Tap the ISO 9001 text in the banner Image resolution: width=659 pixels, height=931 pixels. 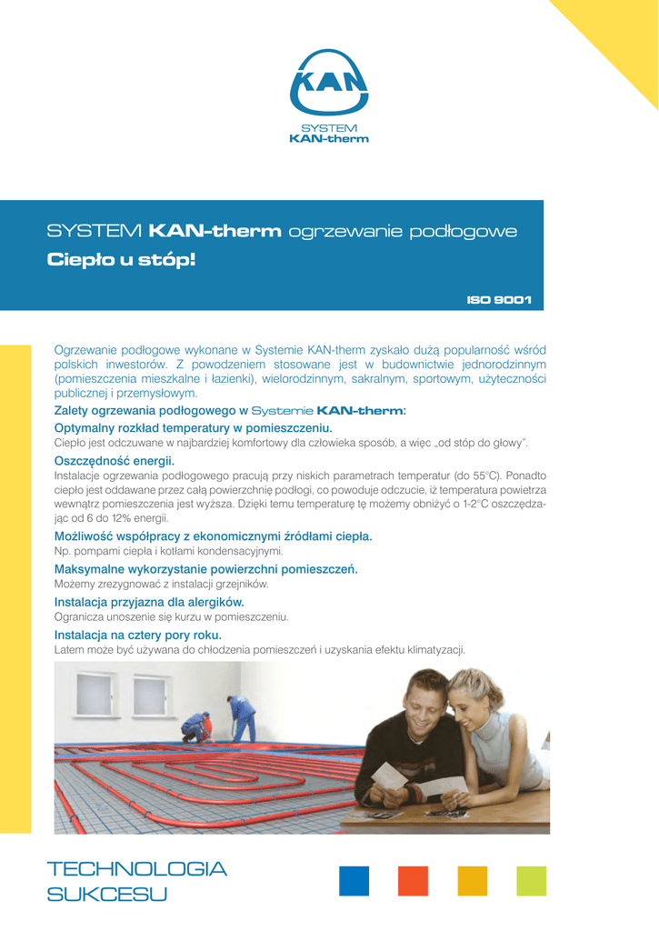(499, 299)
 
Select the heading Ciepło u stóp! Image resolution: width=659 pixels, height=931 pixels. (120, 261)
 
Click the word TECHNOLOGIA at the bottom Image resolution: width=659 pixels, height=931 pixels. (136, 869)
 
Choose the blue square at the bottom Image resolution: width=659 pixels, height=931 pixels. (354, 880)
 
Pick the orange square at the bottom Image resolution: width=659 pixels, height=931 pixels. (413, 880)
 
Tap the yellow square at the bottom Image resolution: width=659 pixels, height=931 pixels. (472, 880)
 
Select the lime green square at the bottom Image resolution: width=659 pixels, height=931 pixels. (531, 880)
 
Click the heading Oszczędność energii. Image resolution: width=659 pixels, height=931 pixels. (115, 462)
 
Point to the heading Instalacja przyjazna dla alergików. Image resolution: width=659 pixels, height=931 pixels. (149, 602)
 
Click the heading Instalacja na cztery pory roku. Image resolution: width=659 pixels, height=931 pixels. (138, 635)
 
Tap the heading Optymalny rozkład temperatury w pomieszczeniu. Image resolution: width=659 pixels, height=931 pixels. (194, 427)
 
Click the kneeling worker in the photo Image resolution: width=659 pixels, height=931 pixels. (195, 726)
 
